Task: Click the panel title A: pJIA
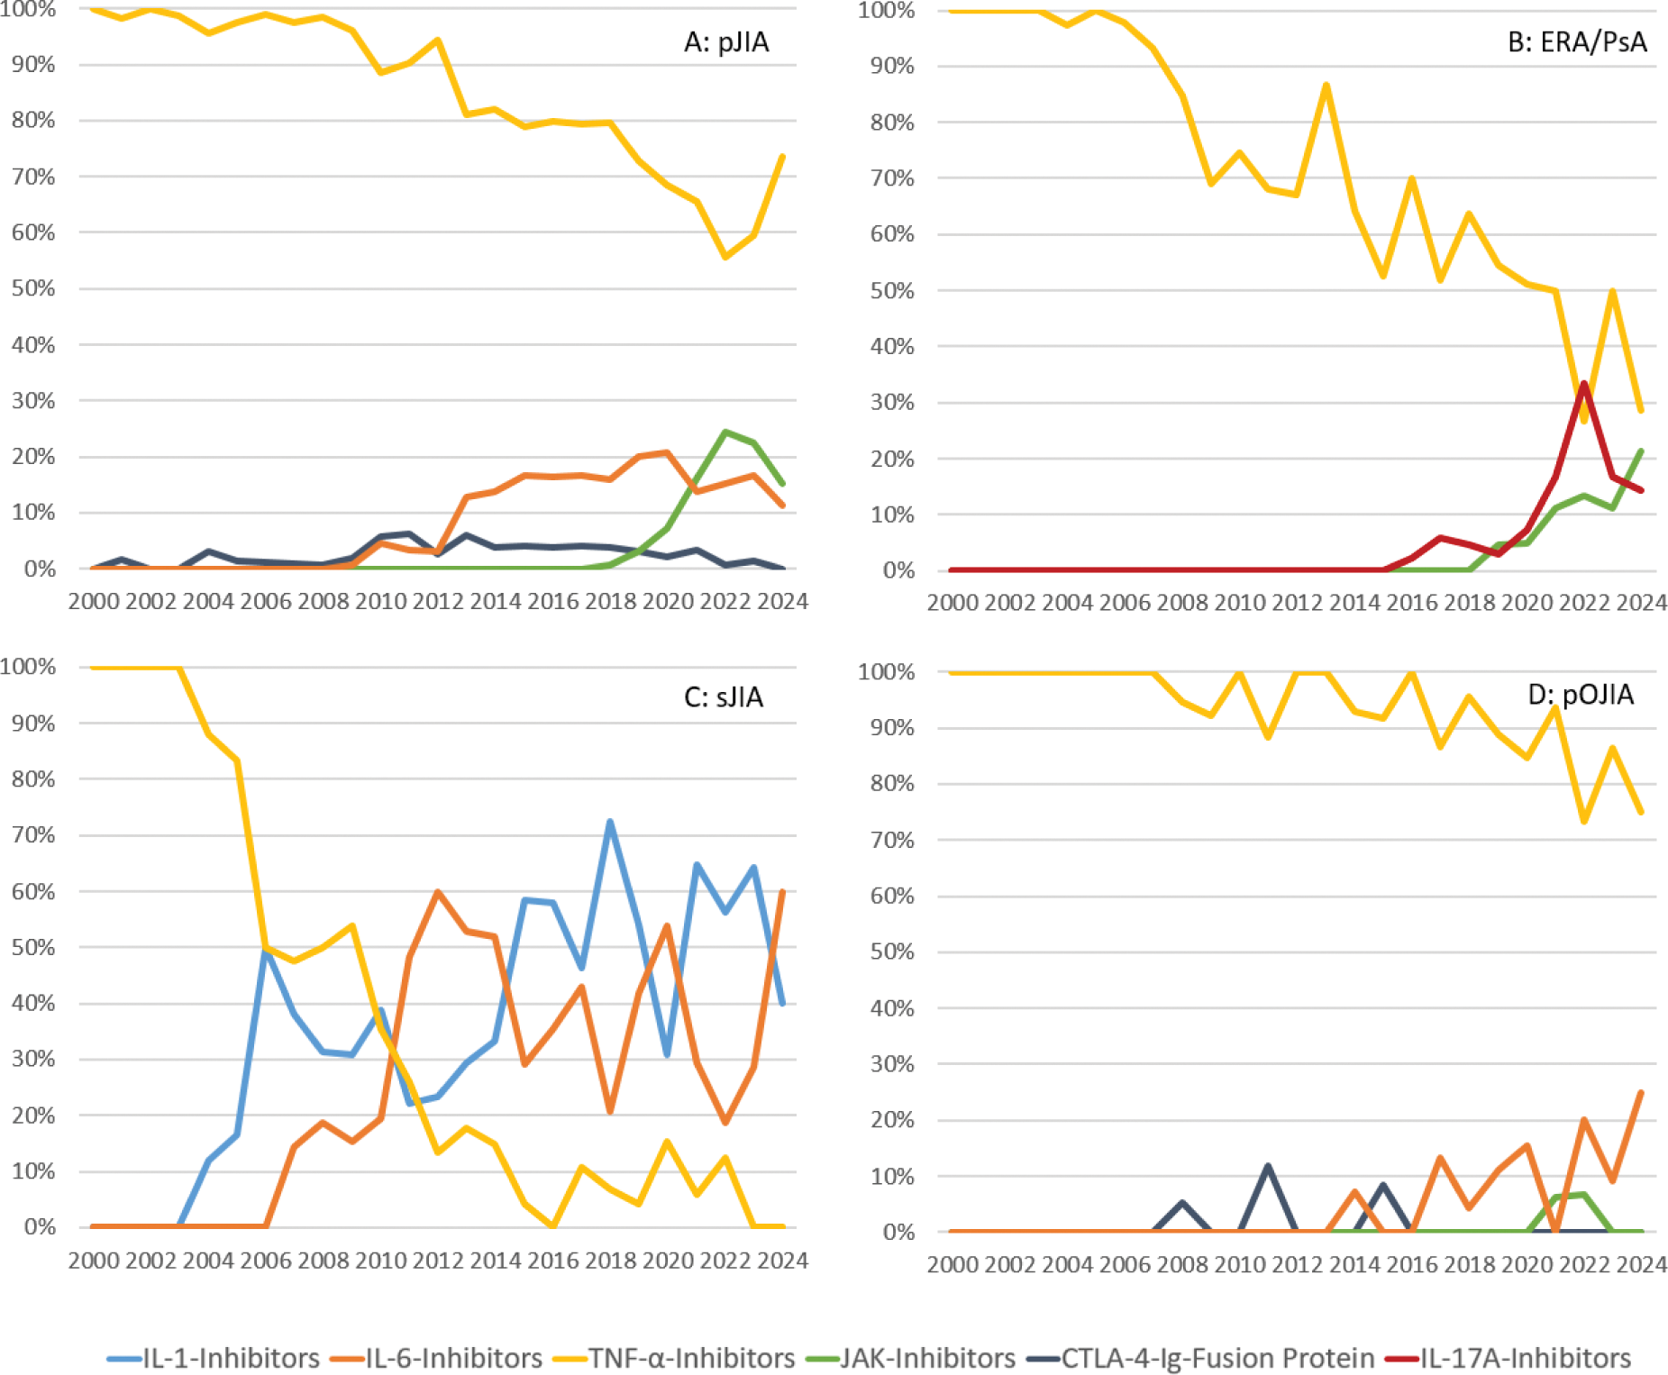pos(726,42)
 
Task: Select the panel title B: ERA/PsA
pos(1577,42)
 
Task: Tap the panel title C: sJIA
pos(724,697)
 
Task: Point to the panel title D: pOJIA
pos(1581,694)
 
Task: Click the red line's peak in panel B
pos(1583,384)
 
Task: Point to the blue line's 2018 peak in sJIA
pos(610,822)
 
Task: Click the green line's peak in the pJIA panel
pos(725,432)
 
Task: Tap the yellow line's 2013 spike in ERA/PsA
pos(1326,85)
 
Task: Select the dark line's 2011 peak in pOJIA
pos(1268,1166)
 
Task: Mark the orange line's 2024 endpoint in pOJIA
pos(1641,1092)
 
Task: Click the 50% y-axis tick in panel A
pos(33,288)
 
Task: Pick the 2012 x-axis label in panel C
pos(438,1260)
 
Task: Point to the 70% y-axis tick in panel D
pos(891,840)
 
